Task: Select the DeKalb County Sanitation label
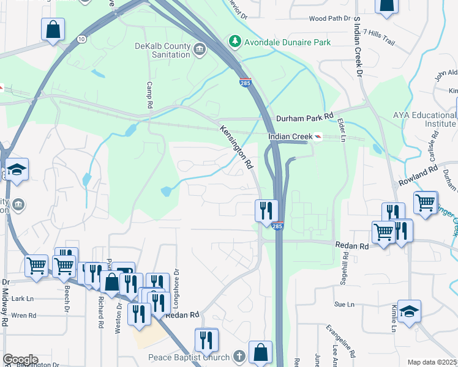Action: (162, 50)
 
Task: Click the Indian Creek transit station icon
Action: (318, 137)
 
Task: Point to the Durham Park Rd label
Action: (304, 116)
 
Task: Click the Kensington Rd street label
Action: (236, 147)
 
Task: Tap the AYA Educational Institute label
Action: (426, 119)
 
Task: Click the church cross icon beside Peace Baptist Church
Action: (239, 357)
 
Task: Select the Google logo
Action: (20, 360)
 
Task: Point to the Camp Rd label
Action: (149, 94)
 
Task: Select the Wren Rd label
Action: (24, 316)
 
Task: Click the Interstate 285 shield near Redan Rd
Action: (277, 227)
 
